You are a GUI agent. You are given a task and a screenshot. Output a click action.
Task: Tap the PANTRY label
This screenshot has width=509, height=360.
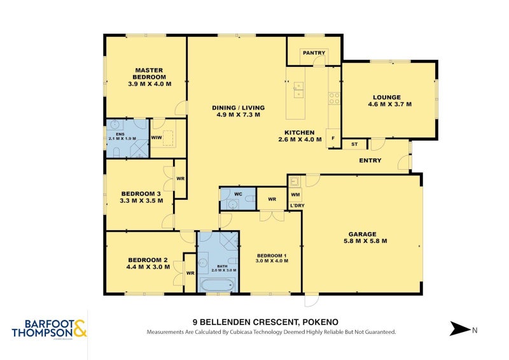[313, 53]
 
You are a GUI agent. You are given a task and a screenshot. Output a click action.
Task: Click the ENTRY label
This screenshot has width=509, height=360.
[370, 160]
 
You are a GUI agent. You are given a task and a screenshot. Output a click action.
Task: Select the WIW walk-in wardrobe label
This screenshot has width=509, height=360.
[157, 137]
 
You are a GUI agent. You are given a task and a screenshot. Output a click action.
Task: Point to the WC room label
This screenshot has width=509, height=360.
[239, 193]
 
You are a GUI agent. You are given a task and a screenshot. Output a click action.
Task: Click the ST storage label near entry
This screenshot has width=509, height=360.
[354, 144]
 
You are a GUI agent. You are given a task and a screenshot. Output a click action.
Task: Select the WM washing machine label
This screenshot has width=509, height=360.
[295, 194]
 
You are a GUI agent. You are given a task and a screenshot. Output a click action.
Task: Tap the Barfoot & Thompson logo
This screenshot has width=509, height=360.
[50, 328]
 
